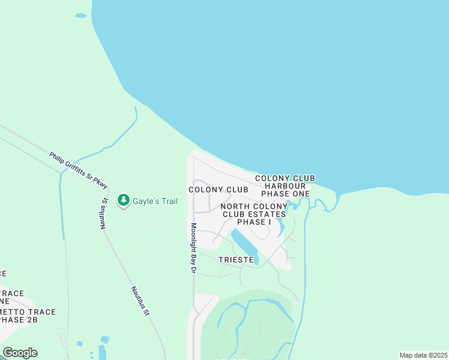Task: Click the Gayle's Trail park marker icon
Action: click(124, 200)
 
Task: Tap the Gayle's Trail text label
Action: click(155, 202)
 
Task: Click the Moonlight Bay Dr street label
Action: click(193, 249)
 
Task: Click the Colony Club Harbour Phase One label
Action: click(285, 186)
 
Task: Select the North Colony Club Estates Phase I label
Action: click(254, 214)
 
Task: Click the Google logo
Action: click(20, 353)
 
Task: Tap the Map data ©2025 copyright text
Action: click(423, 355)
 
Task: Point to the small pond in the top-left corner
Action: click(80, 16)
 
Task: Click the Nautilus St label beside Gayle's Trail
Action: click(104, 214)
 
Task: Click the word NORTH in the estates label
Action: click(234, 206)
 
